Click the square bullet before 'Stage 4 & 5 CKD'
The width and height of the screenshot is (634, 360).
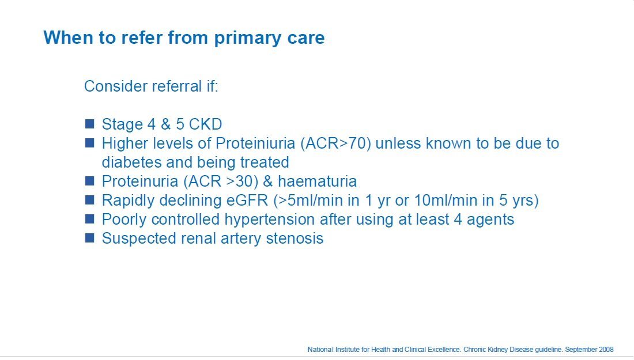(89, 124)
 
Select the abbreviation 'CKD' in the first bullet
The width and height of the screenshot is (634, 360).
(205, 124)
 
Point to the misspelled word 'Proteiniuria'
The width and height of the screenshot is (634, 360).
(255, 143)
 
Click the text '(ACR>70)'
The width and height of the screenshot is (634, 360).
(335, 143)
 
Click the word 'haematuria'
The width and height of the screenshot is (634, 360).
(318, 181)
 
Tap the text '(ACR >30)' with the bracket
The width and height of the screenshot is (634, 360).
(221, 181)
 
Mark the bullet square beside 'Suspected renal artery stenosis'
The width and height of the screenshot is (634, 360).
(89, 237)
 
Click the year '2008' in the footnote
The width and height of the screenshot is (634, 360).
(606, 350)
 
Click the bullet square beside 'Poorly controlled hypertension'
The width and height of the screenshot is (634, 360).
(89, 218)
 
